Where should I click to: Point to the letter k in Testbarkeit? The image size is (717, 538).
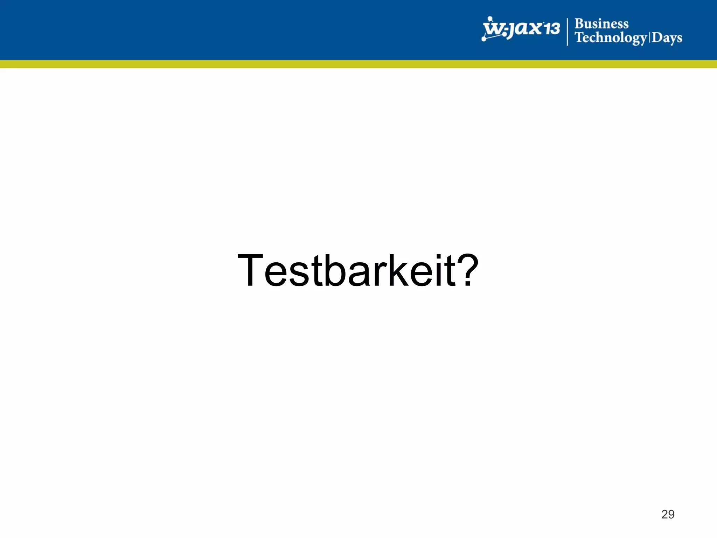pos(397,270)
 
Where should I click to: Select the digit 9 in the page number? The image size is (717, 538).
pos(671,514)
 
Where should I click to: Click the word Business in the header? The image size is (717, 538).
pos(601,24)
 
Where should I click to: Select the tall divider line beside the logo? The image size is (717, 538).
pos(568,32)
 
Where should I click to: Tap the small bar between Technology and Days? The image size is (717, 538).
pos(649,37)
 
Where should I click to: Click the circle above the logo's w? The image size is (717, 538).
pos(490,19)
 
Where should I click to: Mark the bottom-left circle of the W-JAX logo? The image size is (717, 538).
pos(484,39)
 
